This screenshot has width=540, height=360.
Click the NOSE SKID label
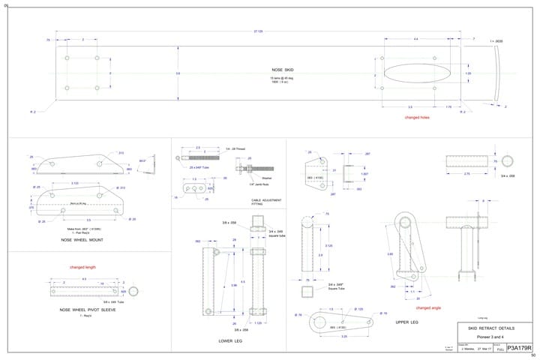tap(283, 69)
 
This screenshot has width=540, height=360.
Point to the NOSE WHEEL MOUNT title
tap(82, 240)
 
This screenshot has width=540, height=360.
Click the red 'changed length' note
tap(82, 267)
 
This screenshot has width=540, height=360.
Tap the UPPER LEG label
tap(406, 322)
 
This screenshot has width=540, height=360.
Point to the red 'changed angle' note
tap(428, 307)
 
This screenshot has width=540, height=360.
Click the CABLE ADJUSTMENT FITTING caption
tap(266, 201)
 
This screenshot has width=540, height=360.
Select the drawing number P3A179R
tap(519, 349)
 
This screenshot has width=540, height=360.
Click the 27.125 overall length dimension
tap(259, 31)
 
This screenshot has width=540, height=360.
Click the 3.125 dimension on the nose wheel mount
tap(74, 182)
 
